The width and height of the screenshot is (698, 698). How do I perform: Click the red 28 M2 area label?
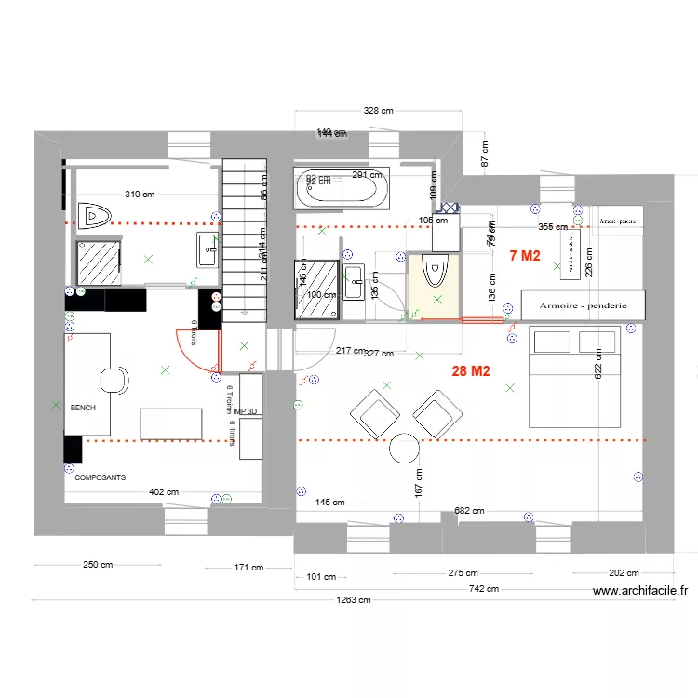tap(471, 370)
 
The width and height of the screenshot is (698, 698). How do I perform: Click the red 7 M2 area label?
tap(524, 255)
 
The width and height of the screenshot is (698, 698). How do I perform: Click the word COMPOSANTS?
tap(100, 477)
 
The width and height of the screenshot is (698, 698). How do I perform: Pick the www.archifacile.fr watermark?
tap(639, 590)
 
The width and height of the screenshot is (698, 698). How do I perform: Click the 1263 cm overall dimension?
tap(353, 600)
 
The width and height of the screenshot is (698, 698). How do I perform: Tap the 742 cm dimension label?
tap(483, 589)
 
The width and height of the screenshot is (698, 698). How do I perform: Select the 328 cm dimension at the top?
tap(378, 110)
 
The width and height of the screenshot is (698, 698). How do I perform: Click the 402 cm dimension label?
tap(164, 491)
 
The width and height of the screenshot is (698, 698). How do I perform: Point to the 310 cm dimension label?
tap(140, 195)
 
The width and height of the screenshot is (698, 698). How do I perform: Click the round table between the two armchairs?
tap(406, 449)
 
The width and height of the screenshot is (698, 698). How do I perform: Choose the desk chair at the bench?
tap(112, 381)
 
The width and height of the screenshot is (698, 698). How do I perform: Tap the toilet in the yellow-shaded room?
tap(434, 275)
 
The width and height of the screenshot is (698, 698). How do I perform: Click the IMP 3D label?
tap(245, 410)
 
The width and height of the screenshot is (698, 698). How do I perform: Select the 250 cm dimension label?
tap(97, 565)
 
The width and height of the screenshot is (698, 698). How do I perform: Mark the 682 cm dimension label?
tap(468, 510)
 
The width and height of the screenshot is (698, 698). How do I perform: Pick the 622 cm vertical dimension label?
tap(597, 364)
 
